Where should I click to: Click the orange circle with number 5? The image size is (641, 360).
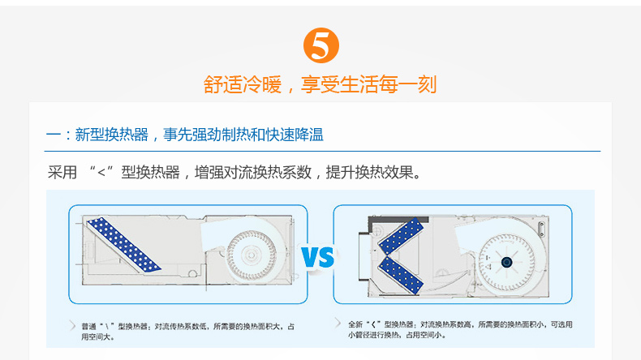(x=321, y=45)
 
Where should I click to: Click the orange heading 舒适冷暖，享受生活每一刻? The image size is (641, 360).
(x=320, y=84)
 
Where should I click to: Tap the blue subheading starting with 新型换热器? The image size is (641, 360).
(x=199, y=135)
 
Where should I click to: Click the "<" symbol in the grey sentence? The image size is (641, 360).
(x=101, y=173)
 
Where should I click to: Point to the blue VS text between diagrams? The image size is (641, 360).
(x=318, y=256)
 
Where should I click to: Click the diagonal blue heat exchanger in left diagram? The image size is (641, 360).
(x=123, y=244)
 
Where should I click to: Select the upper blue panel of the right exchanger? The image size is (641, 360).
(x=401, y=236)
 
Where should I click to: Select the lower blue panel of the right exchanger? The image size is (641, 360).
(x=401, y=275)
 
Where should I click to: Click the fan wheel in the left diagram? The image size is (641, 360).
(x=252, y=255)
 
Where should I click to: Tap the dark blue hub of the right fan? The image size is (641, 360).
(x=506, y=263)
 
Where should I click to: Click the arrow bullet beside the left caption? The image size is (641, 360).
(x=72, y=326)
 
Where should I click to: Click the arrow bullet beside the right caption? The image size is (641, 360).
(x=338, y=323)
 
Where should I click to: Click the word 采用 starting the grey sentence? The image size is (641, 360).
(x=62, y=173)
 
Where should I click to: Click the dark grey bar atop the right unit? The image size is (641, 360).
(x=398, y=221)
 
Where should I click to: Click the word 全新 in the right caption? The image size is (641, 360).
(x=355, y=324)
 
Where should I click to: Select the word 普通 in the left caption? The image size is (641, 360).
(x=88, y=327)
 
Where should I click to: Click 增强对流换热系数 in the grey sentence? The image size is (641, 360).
(x=253, y=173)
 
